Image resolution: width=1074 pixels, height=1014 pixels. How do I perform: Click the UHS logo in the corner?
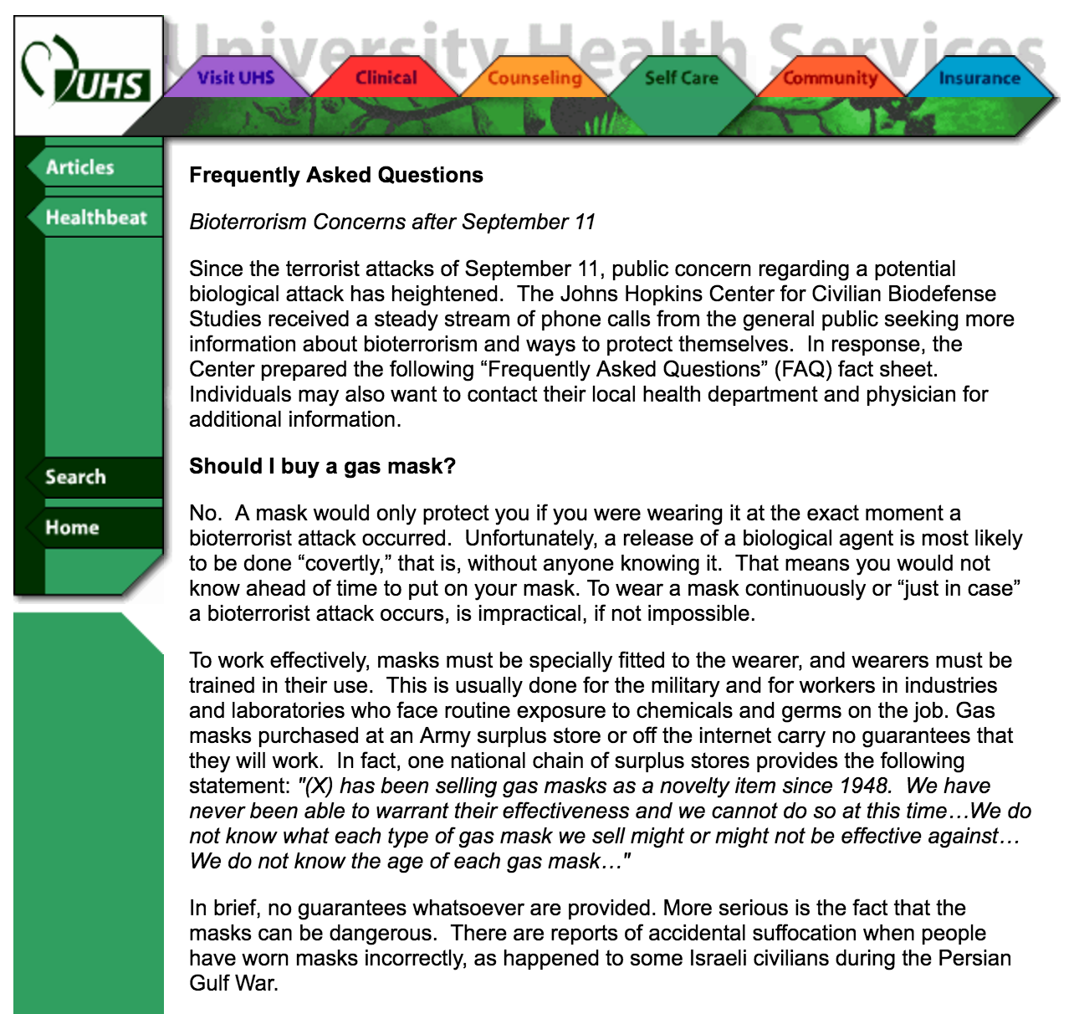coord(88,75)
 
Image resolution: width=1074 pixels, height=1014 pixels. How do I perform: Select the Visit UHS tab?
coord(236,78)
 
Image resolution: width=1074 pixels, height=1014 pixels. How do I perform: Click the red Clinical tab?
coord(386,78)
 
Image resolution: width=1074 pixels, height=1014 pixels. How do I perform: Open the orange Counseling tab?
coord(534,78)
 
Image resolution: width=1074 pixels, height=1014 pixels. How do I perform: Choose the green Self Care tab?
coord(681,78)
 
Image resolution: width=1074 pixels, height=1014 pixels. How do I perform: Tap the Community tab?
coord(830,78)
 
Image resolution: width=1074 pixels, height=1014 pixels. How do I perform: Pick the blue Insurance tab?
coord(979,78)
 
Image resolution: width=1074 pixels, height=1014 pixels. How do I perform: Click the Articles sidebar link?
coord(80,167)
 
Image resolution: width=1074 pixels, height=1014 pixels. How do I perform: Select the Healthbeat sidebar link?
coord(96,218)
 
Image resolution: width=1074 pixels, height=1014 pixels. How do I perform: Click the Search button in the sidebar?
coord(76,477)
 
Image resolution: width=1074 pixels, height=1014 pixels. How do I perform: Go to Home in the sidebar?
coord(72,527)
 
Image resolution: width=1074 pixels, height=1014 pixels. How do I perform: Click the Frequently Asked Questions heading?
coord(336,175)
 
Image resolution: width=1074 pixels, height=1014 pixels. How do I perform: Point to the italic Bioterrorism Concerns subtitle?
coord(392,222)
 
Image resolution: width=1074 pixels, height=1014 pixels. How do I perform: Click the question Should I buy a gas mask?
coord(322,466)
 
